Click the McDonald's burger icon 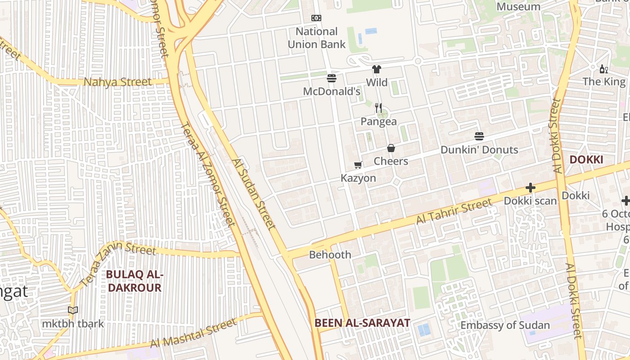[332, 78]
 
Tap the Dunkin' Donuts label [479, 150]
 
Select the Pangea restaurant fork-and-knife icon [378, 108]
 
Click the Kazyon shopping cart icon [358, 165]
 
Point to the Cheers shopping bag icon [391, 148]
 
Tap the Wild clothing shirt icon [377, 69]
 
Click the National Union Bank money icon [316, 18]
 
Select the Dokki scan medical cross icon [531, 188]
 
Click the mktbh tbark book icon [73, 310]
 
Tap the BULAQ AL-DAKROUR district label [134, 281]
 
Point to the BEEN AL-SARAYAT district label [362, 323]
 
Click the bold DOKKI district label [586, 160]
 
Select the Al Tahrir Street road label [454, 212]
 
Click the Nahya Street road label [118, 82]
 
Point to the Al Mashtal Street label [193, 333]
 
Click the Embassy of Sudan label [505, 325]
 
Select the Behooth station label [330, 255]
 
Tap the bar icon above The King [603, 69]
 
